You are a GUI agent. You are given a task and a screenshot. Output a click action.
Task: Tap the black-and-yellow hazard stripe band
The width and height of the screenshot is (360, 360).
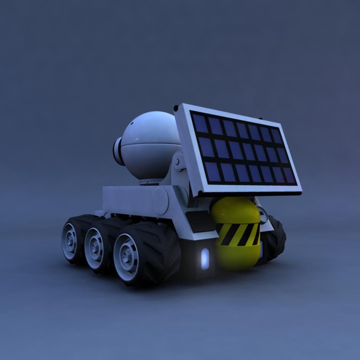[237, 234]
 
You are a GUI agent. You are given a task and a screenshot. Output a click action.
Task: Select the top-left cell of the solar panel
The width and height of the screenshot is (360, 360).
[200, 123]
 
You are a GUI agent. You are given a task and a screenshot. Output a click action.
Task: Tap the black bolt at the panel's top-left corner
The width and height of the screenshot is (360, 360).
[176, 108]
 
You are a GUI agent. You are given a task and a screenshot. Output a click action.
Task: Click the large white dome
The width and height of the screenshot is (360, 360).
[150, 143]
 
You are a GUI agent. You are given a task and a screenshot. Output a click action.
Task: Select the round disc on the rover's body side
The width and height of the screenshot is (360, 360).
[160, 201]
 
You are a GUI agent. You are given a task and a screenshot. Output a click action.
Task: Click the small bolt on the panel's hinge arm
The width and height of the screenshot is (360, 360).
[177, 162]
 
